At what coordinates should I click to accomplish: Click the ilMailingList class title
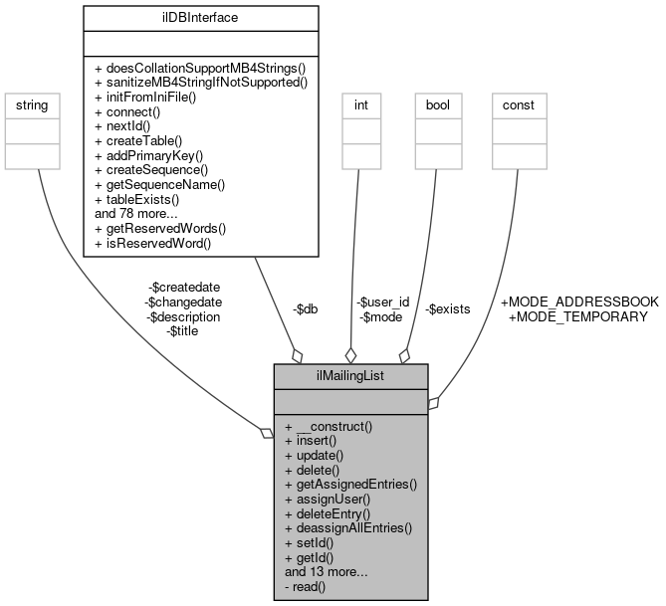click(x=351, y=375)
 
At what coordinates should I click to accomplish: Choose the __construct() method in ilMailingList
click(x=328, y=427)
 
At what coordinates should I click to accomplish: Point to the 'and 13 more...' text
click(x=327, y=572)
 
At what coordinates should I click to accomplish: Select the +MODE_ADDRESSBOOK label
click(x=579, y=302)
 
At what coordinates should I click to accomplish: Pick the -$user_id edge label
click(x=382, y=302)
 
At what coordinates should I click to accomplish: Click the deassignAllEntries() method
click(x=347, y=528)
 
